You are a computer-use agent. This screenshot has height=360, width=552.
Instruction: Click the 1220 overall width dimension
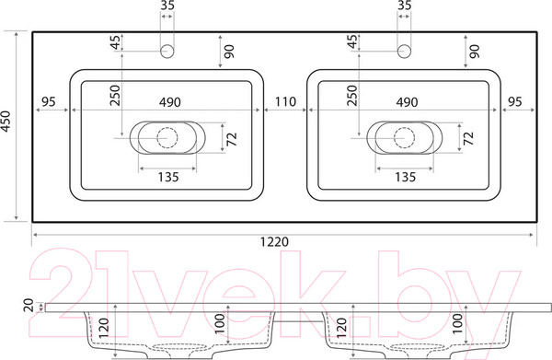274,241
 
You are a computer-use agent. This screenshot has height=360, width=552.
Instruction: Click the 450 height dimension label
6,122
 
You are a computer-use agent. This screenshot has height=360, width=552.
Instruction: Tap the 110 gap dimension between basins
285,102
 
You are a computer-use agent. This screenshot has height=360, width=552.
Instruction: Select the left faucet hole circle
167,52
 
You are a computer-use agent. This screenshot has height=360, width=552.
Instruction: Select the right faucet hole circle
404,52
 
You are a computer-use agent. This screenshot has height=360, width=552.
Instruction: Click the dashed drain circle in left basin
167,138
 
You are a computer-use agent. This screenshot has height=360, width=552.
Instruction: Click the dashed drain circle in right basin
404,138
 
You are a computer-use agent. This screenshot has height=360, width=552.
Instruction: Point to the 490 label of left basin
170,102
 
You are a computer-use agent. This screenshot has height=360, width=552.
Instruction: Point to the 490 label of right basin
407,102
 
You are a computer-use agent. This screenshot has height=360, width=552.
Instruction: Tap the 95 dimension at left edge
49,102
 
